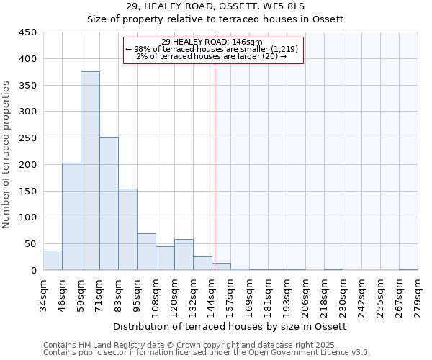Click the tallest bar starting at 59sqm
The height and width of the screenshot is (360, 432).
pyautogui.click(x=90, y=171)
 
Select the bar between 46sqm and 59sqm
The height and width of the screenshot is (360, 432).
pyautogui.click(x=71, y=216)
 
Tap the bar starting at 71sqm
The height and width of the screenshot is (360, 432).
pyautogui.click(x=109, y=204)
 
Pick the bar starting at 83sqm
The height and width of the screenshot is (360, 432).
pyautogui.click(x=127, y=230)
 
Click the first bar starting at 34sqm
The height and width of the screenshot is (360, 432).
pyautogui.click(x=53, y=260)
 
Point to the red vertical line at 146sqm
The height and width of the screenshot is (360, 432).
pyautogui.click(x=215, y=166)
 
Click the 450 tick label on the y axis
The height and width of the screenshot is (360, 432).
pyautogui.click(x=28, y=32)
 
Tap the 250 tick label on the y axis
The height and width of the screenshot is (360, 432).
pyautogui.click(x=28, y=138)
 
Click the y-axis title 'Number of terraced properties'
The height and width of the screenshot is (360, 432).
pyautogui.click(x=7, y=154)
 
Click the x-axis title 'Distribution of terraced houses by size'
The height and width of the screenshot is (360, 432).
pyautogui.click(x=230, y=327)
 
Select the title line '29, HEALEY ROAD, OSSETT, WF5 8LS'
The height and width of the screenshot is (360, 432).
pyautogui.click(x=215, y=6)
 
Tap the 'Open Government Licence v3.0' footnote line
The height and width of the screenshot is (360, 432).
pyautogui.click(x=207, y=353)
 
